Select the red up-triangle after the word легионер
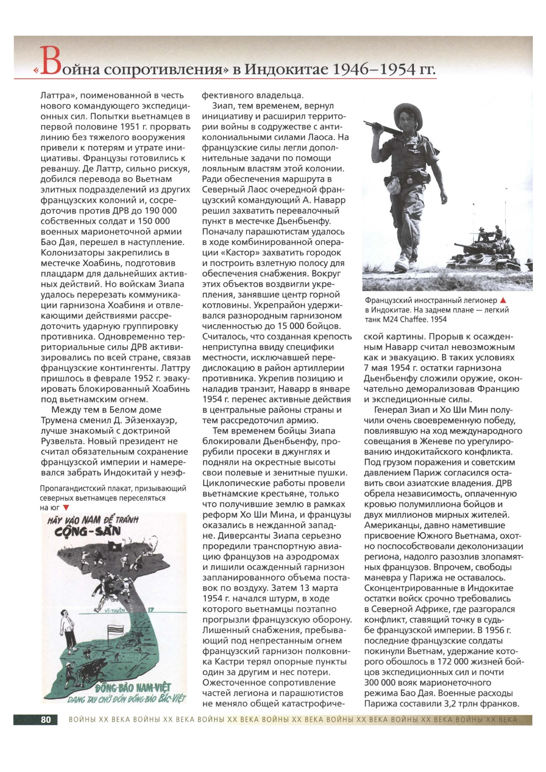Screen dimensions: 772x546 503,300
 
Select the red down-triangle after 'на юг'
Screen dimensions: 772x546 66,508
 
